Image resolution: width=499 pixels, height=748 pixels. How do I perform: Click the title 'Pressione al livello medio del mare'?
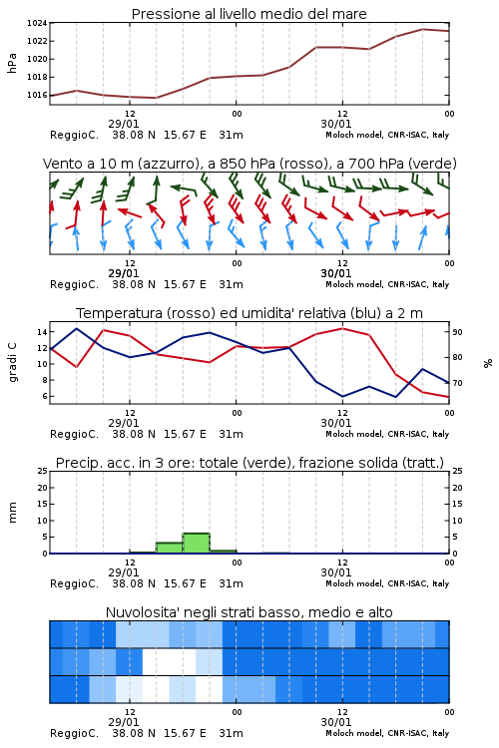249,14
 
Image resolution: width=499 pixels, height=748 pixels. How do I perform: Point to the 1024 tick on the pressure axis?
37,23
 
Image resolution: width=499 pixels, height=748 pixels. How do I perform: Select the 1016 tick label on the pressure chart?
37,95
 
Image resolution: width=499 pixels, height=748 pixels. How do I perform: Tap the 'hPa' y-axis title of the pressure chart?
12,63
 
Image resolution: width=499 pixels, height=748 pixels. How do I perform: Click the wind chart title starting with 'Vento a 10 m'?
249,164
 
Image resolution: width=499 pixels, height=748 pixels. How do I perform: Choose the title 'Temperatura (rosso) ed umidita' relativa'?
249,313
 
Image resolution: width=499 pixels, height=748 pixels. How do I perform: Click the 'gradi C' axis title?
12,363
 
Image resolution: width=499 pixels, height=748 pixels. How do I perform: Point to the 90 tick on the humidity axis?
457,332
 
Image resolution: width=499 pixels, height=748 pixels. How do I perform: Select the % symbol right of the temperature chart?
488,363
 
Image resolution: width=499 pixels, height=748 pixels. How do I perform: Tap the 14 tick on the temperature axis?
42,331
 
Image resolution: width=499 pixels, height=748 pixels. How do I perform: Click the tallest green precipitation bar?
197,544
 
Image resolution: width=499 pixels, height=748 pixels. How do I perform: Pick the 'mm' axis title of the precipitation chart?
12,513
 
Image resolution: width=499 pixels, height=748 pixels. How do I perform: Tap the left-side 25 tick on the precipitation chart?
43,471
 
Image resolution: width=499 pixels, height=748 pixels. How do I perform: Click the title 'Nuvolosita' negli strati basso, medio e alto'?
249,612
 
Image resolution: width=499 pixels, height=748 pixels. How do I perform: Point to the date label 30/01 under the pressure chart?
336,124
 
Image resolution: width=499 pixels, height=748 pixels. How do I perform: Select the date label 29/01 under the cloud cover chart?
124,722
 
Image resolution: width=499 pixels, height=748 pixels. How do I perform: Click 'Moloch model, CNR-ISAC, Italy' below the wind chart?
387,284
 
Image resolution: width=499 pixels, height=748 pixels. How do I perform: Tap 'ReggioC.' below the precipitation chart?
75,583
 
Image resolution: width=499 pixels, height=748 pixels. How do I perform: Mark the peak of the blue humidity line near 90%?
77,328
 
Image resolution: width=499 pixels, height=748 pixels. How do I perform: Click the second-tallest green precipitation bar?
170,549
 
